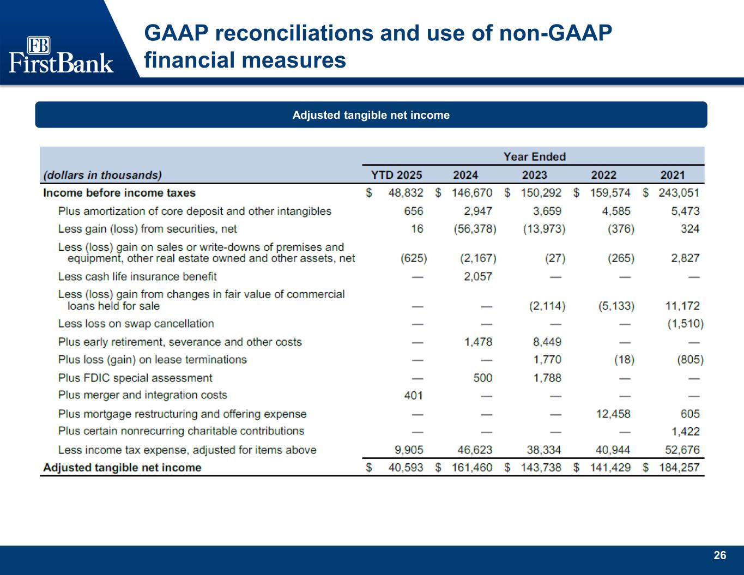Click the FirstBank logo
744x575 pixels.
click(61, 55)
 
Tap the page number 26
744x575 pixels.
click(719, 555)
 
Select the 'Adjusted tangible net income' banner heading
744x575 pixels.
click(371, 115)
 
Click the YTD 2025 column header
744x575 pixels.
click(396, 175)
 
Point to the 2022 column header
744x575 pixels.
click(603, 175)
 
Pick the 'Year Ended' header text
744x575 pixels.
click(534, 157)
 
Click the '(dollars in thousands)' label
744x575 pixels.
click(102, 175)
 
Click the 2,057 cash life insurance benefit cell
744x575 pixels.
click(477, 277)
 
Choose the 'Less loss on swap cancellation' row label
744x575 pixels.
click(136, 324)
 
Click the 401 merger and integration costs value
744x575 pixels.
click(414, 396)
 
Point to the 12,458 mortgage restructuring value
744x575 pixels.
click(613, 414)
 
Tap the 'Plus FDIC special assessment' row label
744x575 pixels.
click(135, 378)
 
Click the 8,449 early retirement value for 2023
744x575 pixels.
click(547, 342)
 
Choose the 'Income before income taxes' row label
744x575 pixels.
click(119, 193)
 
